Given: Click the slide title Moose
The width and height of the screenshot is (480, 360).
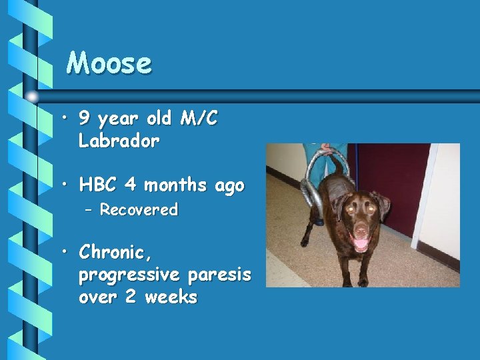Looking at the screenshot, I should (109, 63).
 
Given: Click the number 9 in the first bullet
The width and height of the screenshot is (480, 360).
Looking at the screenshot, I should (85, 119).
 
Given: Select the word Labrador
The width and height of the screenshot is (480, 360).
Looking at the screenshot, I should (119, 141).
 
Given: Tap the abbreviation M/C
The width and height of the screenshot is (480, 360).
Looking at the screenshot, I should (199, 119).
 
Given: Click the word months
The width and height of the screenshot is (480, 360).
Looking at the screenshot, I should (176, 185).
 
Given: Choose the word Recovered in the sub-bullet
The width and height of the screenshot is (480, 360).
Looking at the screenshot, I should (139, 210).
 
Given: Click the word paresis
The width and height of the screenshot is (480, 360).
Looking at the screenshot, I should (219, 275).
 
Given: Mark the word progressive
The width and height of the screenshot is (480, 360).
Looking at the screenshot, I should (131, 275).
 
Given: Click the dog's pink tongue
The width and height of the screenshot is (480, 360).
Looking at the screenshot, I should (361, 244).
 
